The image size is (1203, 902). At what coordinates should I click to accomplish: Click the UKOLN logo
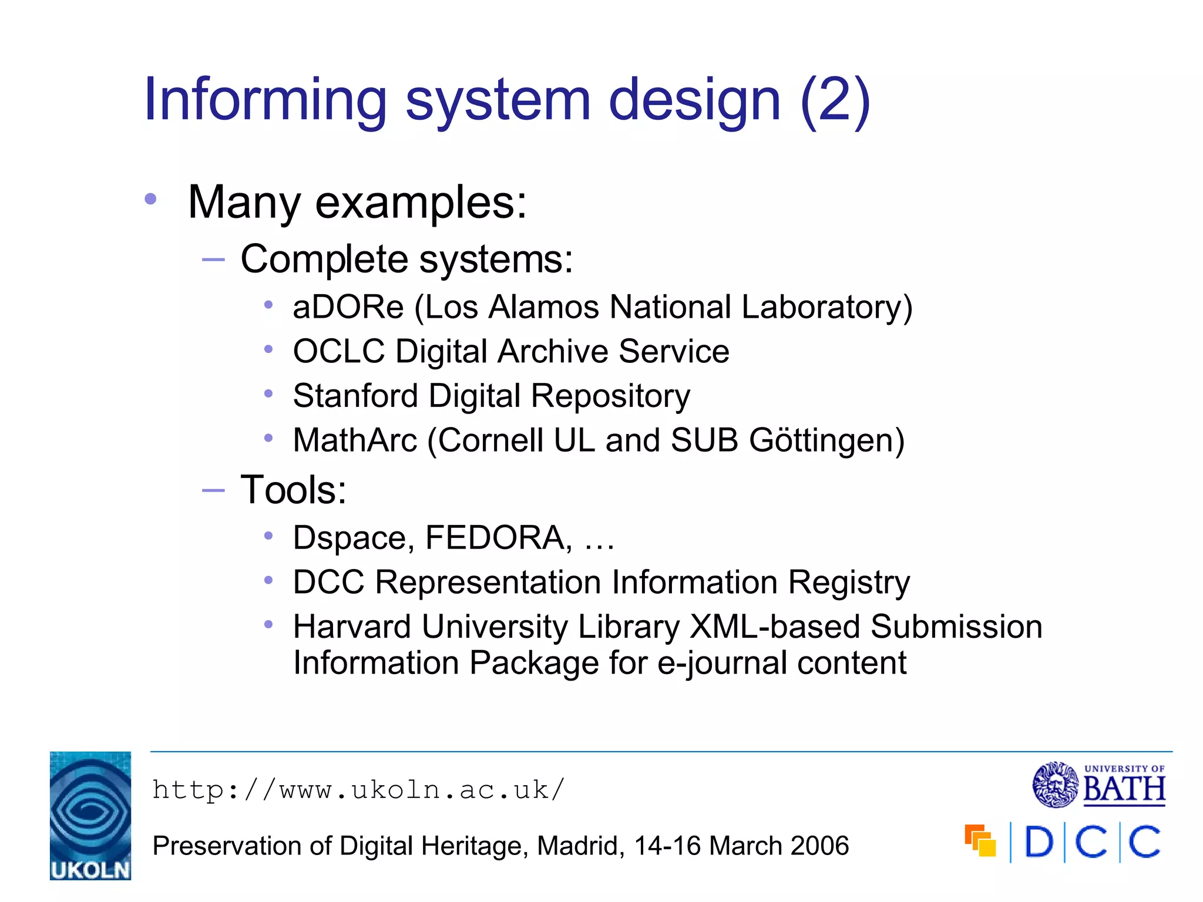(90, 815)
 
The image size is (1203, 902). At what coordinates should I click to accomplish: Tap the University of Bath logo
(1098, 785)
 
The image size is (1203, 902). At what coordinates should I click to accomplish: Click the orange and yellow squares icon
(980, 840)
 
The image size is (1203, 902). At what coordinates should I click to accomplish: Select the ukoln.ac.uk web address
(358, 790)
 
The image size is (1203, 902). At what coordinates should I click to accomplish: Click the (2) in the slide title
(835, 100)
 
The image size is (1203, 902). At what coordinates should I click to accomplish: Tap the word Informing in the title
(265, 100)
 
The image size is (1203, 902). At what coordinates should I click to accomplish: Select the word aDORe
(348, 307)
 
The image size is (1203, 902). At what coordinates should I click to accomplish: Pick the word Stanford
(355, 396)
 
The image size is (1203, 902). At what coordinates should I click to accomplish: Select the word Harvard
(352, 627)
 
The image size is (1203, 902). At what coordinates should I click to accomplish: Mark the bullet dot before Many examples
(151, 200)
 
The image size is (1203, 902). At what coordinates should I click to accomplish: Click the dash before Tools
(213, 490)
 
